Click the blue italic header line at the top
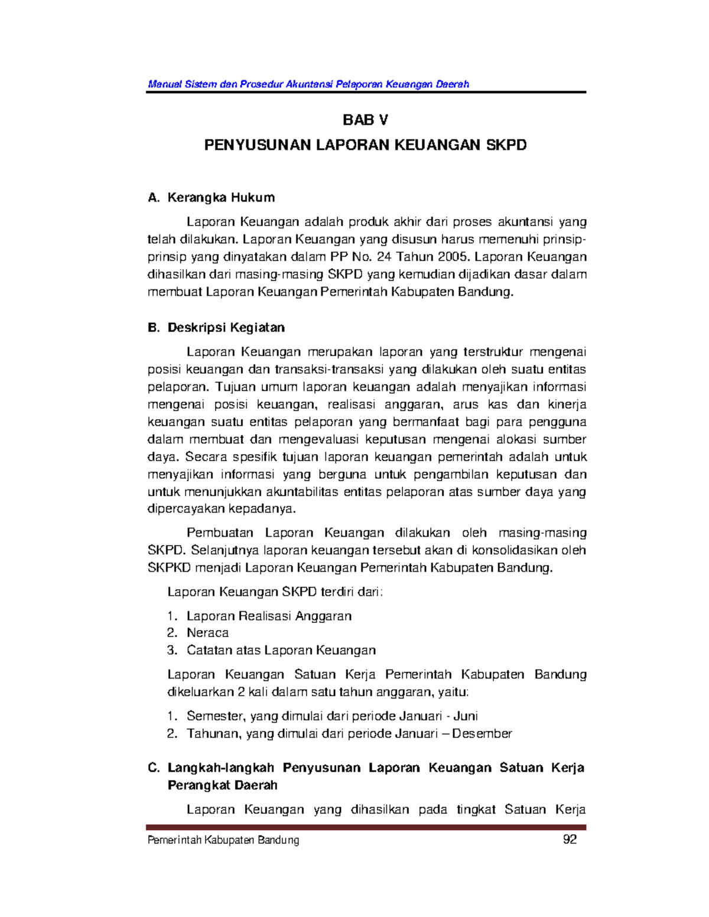point(308,84)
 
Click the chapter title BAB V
point(365,120)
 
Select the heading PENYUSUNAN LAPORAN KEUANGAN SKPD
point(365,145)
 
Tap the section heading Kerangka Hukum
point(221,197)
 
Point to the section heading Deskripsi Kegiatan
point(226,327)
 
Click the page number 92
point(570,840)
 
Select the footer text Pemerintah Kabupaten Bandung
point(223,840)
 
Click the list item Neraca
point(207,633)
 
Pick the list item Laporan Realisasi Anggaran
point(269,616)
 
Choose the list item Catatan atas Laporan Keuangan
point(281,650)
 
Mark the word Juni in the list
point(466,716)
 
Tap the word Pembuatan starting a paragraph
point(220,533)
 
